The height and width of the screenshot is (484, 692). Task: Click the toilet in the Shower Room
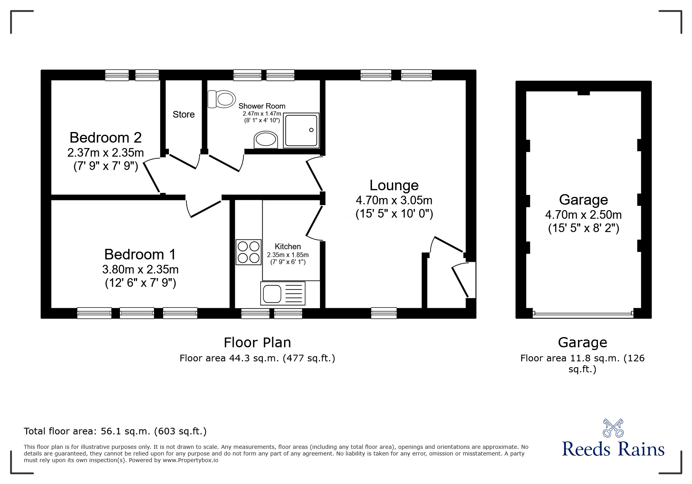(x=222, y=99)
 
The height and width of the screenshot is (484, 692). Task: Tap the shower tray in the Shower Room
(x=301, y=130)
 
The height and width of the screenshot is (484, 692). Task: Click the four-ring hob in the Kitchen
(x=249, y=252)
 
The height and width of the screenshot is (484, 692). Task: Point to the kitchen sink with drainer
(x=283, y=293)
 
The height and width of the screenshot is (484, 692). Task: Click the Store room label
(x=184, y=114)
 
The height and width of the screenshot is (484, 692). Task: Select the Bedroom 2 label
(x=105, y=138)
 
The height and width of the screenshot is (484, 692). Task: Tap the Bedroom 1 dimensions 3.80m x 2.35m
(x=140, y=269)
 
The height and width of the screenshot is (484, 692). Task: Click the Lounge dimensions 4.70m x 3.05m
(x=394, y=200)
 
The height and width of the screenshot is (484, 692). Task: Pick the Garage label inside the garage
(x=583, y=200)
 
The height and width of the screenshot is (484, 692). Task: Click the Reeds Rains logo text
(x=613, y=449)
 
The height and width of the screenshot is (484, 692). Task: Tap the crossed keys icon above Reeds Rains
(x=613, y=428)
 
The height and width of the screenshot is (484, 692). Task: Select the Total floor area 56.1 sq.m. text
(x=115, y=431)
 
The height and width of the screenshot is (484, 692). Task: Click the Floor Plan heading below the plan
(x=257, y=343)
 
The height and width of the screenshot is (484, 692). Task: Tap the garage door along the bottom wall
(x=583, y=313)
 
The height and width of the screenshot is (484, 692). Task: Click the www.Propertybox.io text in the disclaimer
(x=190, y=460)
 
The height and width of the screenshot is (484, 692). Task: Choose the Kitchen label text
(x=288, y=246)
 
